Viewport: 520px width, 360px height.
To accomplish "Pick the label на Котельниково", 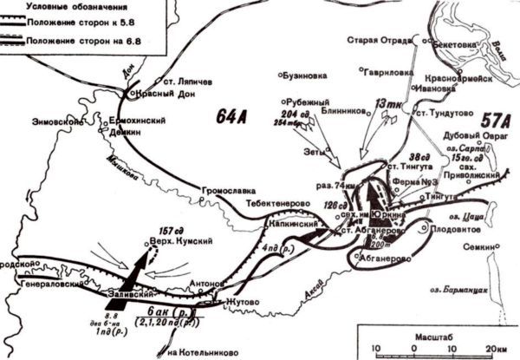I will pos(201,350).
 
